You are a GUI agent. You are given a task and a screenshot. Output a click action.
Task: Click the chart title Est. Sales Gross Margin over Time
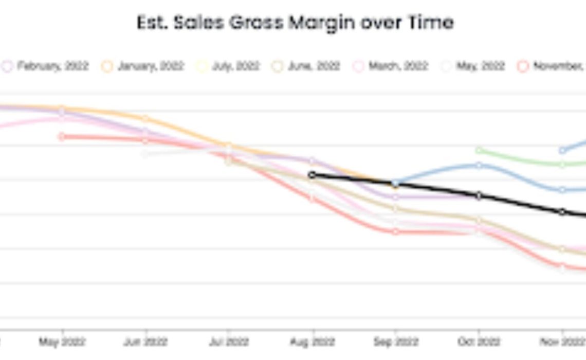295,23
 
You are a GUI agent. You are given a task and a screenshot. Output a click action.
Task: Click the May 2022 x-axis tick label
63,341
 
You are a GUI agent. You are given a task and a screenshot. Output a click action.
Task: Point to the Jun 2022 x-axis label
146,341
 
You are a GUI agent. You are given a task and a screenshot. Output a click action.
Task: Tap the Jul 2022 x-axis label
229,341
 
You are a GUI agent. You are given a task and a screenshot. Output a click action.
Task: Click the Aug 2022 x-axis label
312,341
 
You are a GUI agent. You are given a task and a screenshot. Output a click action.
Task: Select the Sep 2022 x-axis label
395,341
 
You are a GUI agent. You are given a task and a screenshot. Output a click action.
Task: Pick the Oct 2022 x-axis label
479,341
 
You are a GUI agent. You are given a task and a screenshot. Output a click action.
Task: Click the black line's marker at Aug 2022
312,175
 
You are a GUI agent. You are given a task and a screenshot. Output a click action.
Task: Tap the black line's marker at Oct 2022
479,195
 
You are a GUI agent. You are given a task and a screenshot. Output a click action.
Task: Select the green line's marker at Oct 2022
479,150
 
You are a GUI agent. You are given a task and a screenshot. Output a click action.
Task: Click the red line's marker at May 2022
62,136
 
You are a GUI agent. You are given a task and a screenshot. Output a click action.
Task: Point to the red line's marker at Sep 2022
395,231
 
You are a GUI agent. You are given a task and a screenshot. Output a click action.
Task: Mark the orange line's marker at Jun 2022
145,119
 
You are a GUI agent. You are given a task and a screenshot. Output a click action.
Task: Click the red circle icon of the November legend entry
523,66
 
